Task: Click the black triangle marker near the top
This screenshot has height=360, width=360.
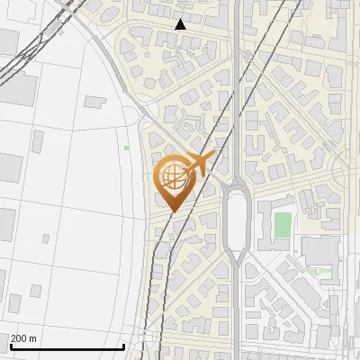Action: click(181, 24)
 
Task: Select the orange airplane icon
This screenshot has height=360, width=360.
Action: click(197, 165)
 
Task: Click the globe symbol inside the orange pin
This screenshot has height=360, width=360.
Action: click(172, 175)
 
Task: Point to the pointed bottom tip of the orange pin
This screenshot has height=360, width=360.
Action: click(172, 211)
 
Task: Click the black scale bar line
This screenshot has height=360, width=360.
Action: click(67, 347)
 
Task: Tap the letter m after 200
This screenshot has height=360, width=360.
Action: click(33, 338)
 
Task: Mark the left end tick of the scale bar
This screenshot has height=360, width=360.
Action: click(10, 345)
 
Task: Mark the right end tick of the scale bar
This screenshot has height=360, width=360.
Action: click(123, 345)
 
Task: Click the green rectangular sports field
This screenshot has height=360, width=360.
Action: click(283, 225)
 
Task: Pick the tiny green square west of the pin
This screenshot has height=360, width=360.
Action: click(127, 148)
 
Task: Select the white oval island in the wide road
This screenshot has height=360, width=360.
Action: click(237, 220)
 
